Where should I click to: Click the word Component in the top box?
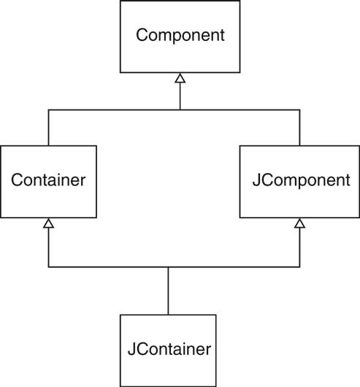click(180, 35)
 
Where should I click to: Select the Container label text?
click(48, 180)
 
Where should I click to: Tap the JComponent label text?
click(302, 180)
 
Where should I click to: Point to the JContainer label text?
click(169, 349)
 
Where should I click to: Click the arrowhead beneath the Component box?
click(180, 77)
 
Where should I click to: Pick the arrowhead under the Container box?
click(49, 223)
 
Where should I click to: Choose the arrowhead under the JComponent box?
click(300, 223)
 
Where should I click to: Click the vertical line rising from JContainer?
click(168, 291)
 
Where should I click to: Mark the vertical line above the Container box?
click(49, 128)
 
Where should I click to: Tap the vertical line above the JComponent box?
click(300, 128)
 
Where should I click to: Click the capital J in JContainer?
click(131, 349)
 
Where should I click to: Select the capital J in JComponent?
click(256, 180)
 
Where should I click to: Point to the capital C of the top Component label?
click(142, 35)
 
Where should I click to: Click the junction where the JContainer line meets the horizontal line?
click(168, 267)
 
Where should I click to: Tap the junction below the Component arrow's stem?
click(180, 110)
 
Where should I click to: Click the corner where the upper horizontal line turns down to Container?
click(49, 110)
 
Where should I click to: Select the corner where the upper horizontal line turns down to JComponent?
click(300, 110)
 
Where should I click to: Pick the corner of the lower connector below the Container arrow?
click(49, 267)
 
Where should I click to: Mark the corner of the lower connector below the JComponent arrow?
click(300, 267)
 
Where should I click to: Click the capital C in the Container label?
click(18, 180)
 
